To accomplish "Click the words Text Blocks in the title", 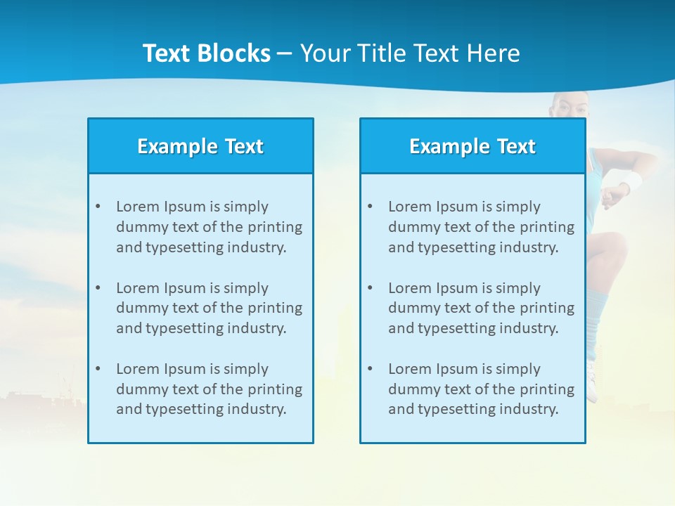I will [206, 53].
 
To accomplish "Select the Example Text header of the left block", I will [200, 146].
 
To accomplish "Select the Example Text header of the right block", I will [472, 146].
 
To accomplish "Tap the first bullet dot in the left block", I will [98, 207].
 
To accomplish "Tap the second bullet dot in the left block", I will [98, 288].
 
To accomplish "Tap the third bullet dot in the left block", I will [98, 369].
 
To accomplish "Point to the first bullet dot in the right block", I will [370, 207].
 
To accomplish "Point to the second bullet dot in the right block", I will [370, 288].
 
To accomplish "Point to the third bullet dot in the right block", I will [370, 369].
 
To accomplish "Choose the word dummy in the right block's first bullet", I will [410, 227].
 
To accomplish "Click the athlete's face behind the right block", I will [571, 107].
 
